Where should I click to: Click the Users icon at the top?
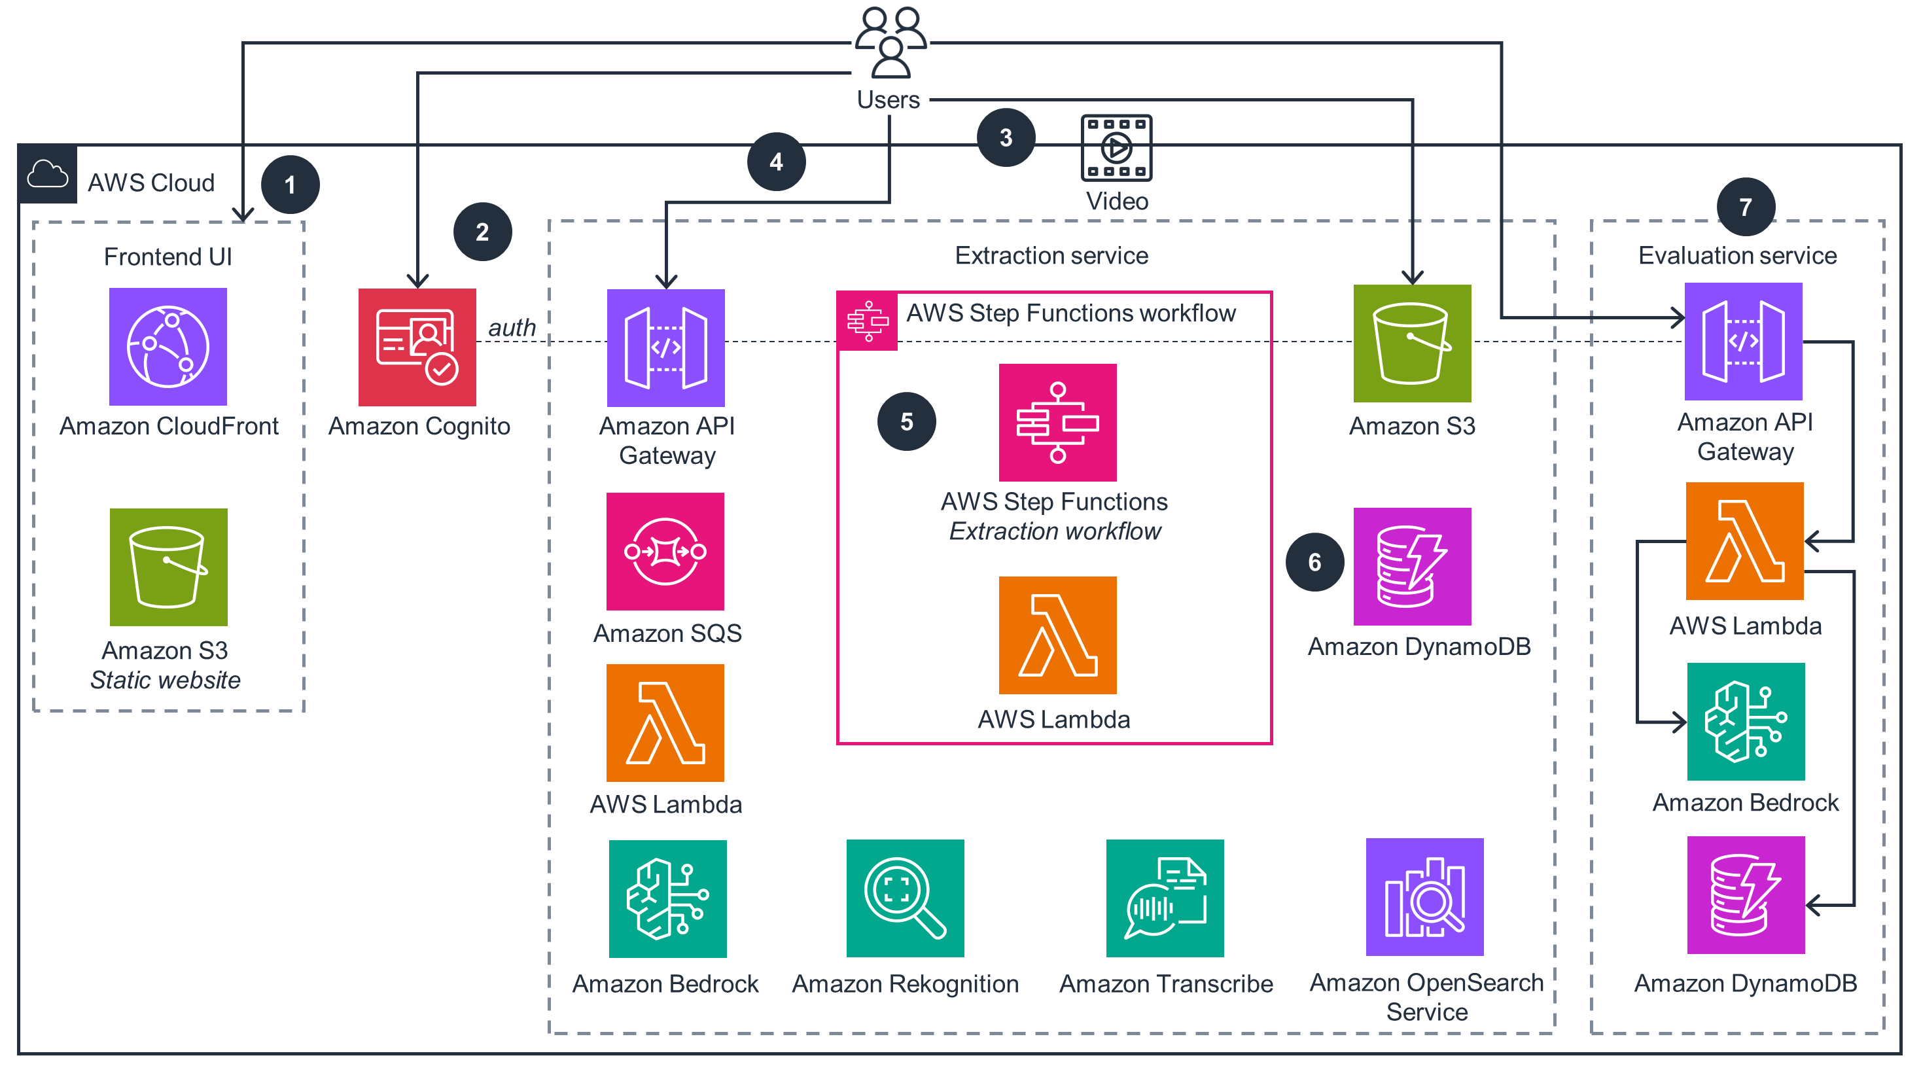click(890, 43)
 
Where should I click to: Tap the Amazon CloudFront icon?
click(167, 347)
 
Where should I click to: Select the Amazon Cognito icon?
click(417, 347)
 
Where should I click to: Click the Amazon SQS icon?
click(665, 551)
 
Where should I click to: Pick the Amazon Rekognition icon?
click(905, 898)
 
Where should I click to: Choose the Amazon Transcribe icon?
click(1165, 898)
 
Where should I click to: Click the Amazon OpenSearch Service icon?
click(1424, 897)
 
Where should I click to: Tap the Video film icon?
click(1116, 148)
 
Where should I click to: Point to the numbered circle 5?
click(906, 422)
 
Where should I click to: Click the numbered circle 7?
click(1745, 207)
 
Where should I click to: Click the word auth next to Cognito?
click(512, 327)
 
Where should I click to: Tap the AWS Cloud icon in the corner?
click(48, 175)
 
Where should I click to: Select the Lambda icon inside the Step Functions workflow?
click(1057, 635)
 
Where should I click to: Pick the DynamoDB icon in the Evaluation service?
click(1745, 895)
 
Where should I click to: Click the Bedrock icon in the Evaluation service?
click(1745, 721)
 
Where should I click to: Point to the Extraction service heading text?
click(1051, 256)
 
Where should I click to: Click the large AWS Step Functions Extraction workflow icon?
click(1057, 423)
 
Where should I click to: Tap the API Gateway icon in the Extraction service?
click(665, 348)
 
